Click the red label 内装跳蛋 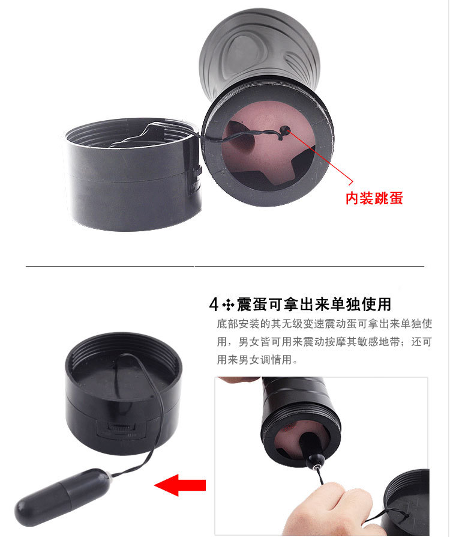pos(374,198)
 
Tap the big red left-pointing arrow pos(180,485)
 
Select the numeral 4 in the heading pos(214,305)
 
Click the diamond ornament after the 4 pos(228,305)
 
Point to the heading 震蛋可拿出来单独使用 pos(314,305)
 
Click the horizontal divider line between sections pos(225,265)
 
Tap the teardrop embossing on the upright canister pos(244,52)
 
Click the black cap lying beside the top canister pos(132,174)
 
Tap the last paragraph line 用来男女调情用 pos(257,360)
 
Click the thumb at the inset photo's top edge pos(239,380)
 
